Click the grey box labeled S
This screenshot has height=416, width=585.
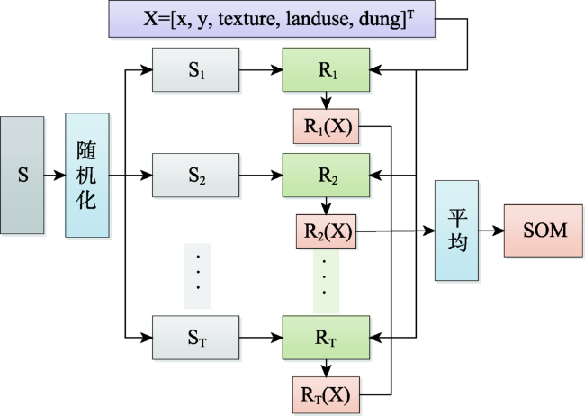22,176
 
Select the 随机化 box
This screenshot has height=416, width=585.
87,176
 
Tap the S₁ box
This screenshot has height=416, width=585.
196,70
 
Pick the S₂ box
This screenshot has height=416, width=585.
196,176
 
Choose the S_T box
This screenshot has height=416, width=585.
196,338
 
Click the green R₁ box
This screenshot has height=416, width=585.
326,70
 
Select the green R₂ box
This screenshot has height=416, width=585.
326,176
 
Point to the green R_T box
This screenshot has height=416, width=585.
326,338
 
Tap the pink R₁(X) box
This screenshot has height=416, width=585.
327,126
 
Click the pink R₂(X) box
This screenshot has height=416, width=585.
327,231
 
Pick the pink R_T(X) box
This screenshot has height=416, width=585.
327,394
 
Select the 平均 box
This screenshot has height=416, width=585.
456,231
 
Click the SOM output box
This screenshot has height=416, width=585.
544,231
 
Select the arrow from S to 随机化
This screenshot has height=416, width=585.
55,176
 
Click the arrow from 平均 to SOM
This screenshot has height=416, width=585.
491,231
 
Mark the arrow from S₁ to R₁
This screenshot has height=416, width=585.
261,70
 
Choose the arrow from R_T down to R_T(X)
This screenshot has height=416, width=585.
327,368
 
